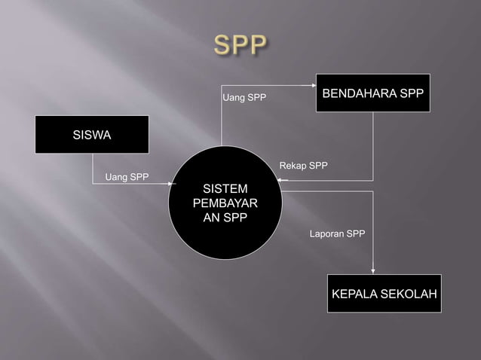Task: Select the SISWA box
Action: tap(92, 135)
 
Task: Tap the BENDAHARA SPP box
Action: tap(372, 93)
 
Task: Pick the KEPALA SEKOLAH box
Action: tap(384, 293)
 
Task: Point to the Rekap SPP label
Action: tap(303, 166)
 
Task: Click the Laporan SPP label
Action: tap(337, 234)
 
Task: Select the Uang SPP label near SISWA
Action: tap(127, 178)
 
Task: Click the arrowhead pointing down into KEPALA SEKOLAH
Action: tap(373, 272)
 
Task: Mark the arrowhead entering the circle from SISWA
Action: tap(173, 185)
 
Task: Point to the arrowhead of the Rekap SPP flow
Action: tap(280, 181)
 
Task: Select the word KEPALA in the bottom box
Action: tap(355, 293)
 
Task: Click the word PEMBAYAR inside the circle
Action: tap(225, 203)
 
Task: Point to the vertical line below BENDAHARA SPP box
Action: tap(373, 147)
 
